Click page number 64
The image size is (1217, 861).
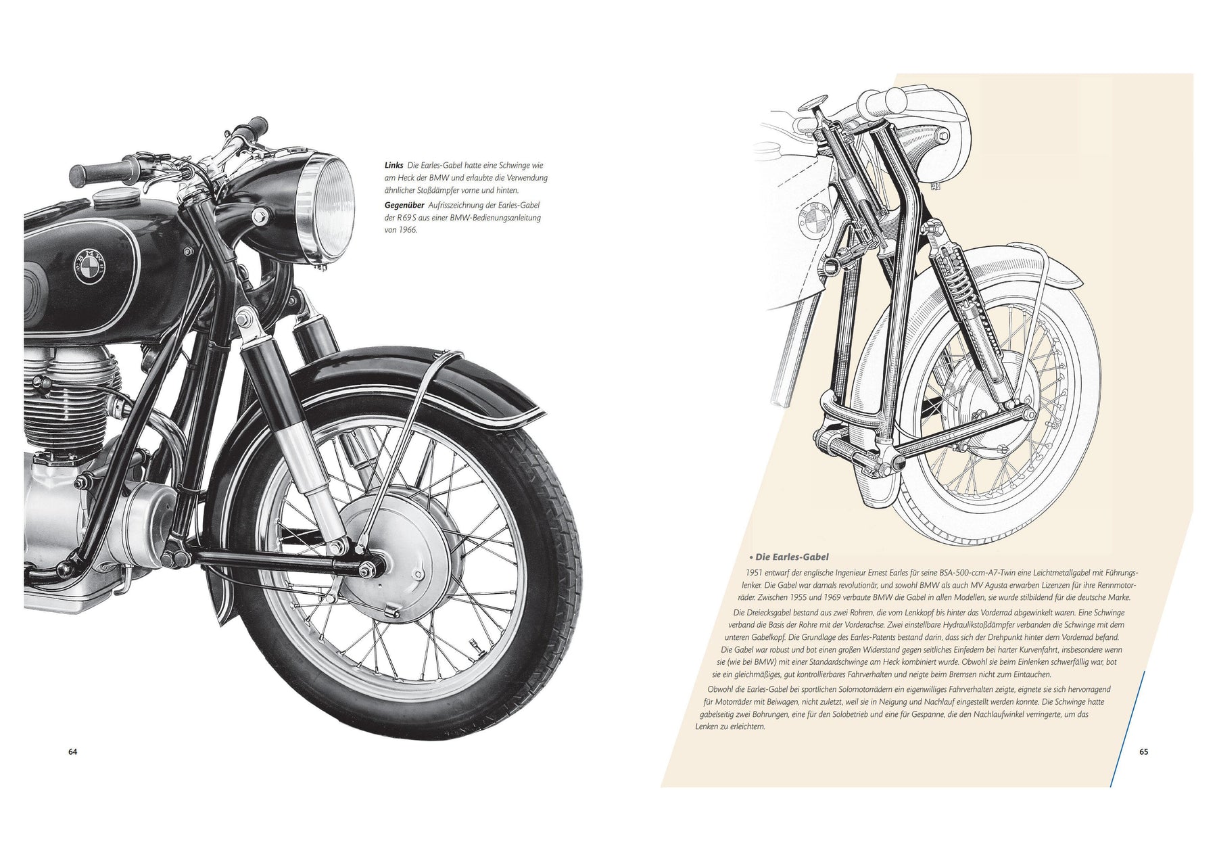click(x=73, y=751)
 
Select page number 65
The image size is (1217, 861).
click(x=1143, y=751)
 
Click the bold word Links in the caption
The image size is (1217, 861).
click(x=393, y=165)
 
